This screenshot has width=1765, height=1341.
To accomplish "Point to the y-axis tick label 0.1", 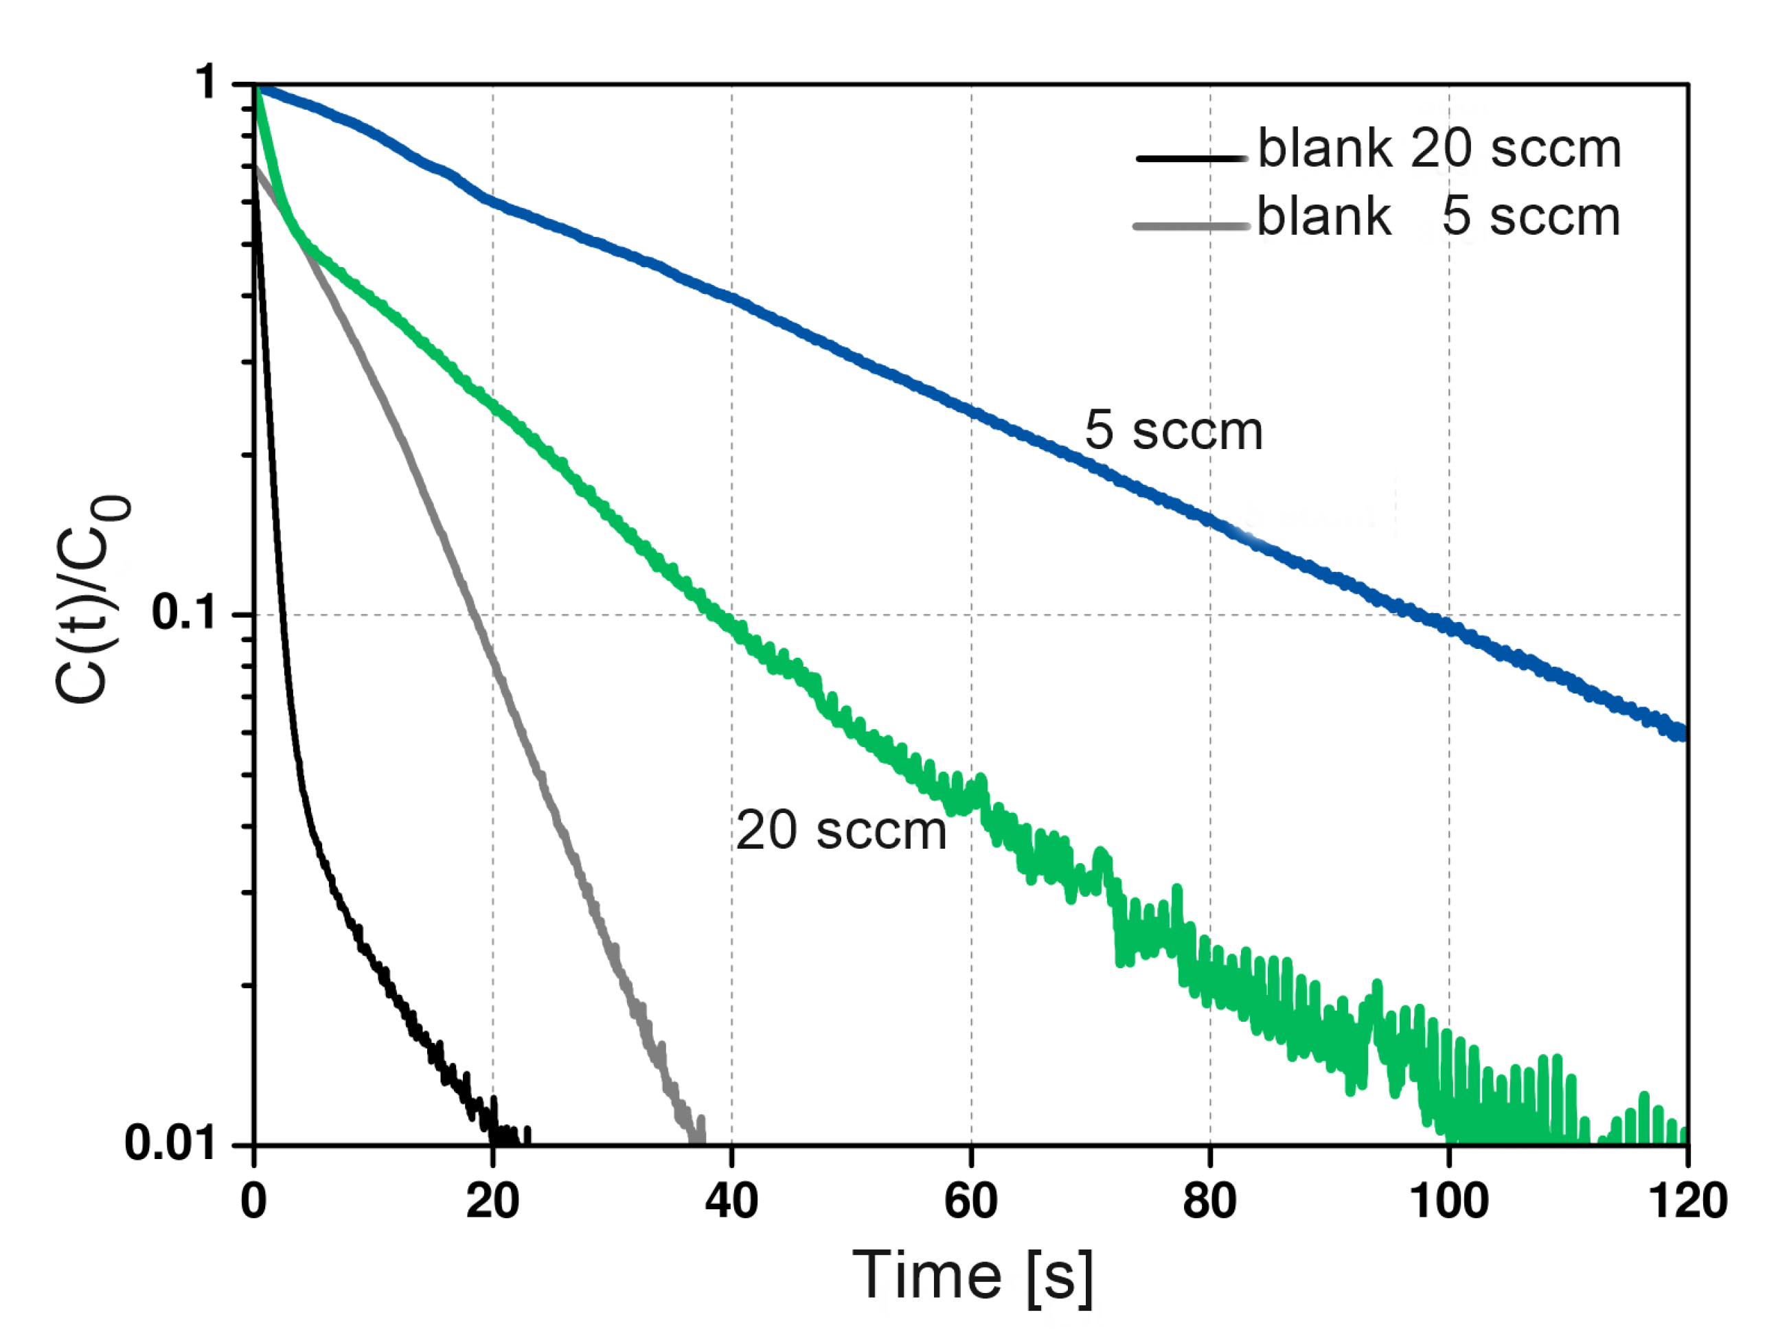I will click(x=183, y=613).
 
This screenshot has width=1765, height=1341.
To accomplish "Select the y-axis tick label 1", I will click(x=207, y=82).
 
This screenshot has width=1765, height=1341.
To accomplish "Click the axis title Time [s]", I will click(x=972, y=1276).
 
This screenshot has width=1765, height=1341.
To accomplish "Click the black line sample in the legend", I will click(x=1192, y=158).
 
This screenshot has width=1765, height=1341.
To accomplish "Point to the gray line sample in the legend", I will click(x=1192, y=227).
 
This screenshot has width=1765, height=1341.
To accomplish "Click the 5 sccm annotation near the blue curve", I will click(x=1173, y=431).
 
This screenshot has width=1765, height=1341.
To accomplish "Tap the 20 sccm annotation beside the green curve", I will click(x=841, y=831).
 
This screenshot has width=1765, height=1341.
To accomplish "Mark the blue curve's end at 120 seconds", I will click(x=1683, y=733).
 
